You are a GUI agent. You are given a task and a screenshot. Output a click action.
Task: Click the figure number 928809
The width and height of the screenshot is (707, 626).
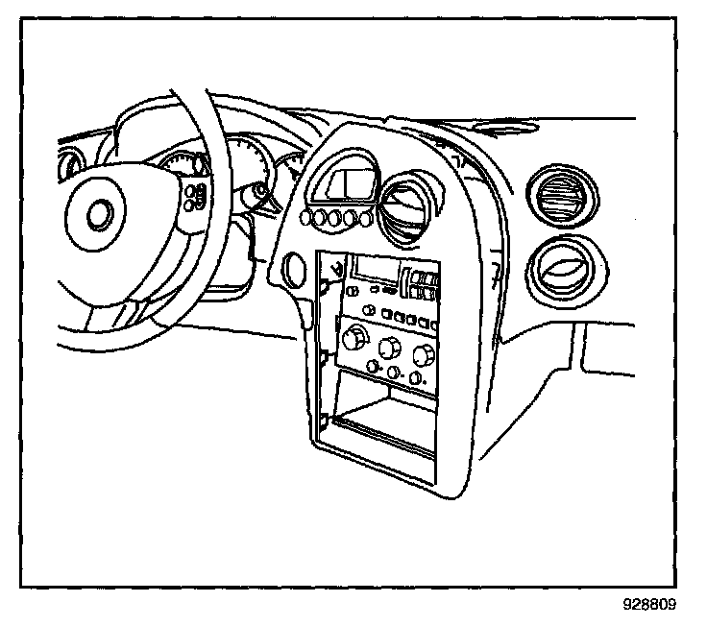pos(648,607)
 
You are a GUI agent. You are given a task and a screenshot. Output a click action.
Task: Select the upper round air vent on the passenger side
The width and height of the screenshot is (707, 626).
pos(560,198)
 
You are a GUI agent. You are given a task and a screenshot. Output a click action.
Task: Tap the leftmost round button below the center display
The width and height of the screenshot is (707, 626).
pos(307,219)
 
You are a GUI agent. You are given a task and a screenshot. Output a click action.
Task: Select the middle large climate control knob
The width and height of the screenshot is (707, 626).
pos(389,348)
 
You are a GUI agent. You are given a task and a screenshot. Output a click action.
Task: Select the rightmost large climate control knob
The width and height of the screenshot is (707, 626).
pos(422,356)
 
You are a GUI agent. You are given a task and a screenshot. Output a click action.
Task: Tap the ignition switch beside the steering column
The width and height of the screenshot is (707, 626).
pos(258,195)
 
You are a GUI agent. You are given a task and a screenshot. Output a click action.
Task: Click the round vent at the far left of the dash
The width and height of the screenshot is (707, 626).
pos(69,165)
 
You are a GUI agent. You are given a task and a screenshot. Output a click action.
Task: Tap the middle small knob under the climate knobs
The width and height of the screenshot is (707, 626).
pos(393,372)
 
